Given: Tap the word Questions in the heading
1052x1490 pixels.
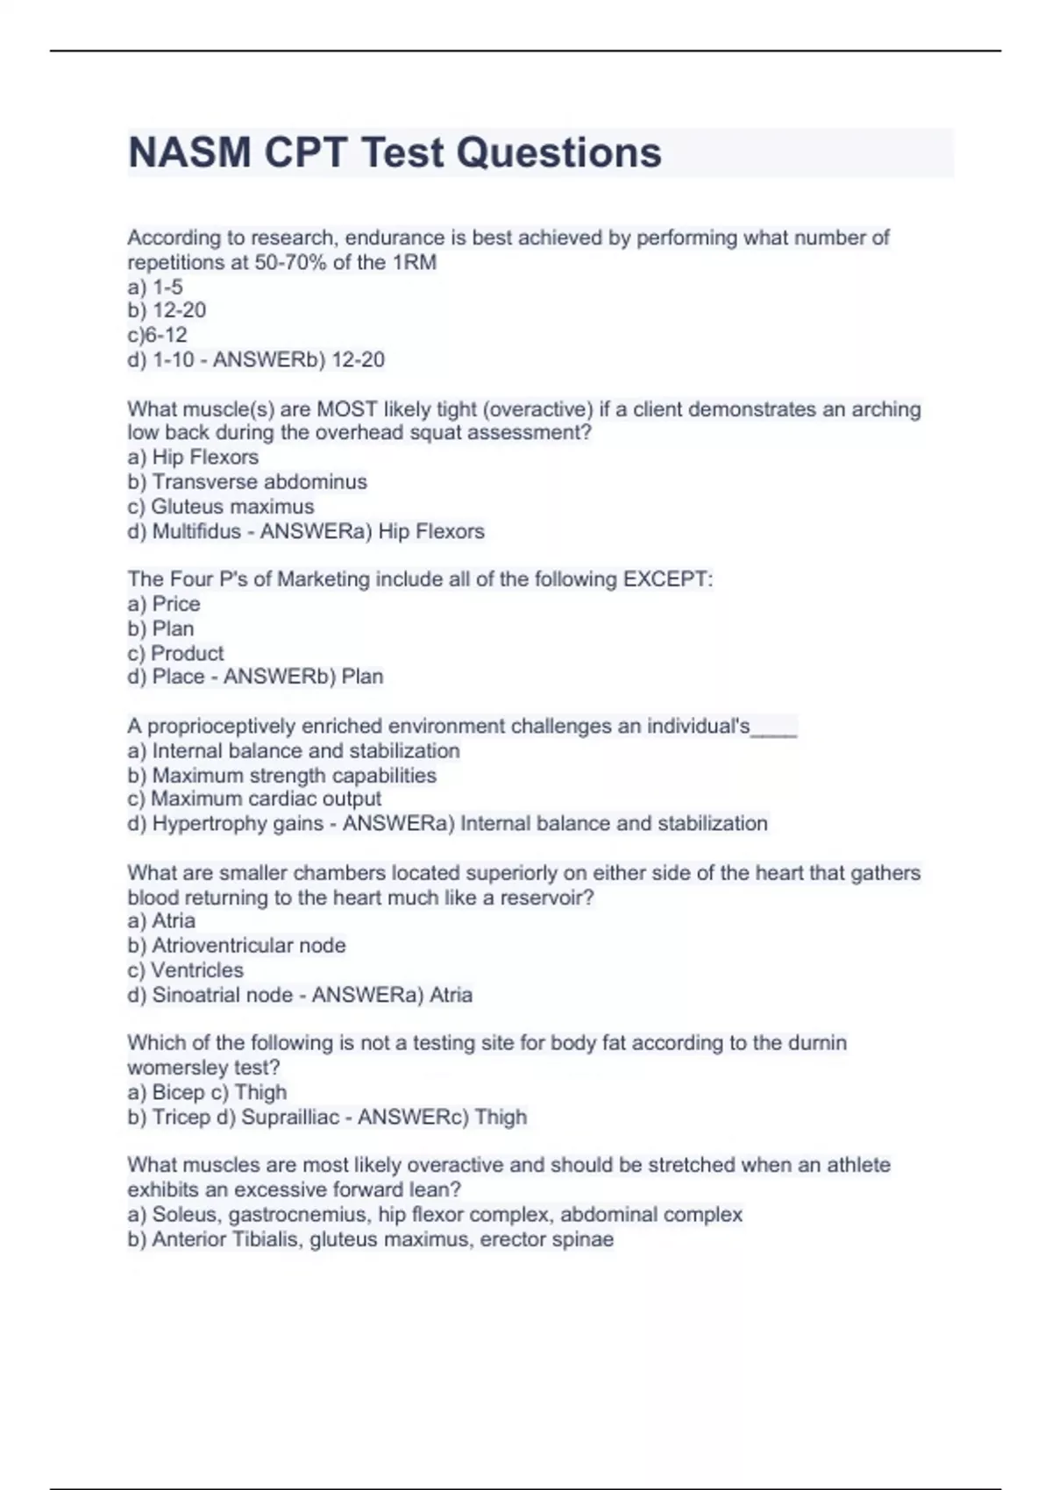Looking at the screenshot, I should pos(559,153).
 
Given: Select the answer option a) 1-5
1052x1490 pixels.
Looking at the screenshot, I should pos(155,287).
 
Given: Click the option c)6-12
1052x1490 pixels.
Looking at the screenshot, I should pos(157,335).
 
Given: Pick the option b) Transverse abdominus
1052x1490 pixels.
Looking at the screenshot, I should pos(247,481).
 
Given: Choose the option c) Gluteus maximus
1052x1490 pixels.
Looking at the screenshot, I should pos(220,507).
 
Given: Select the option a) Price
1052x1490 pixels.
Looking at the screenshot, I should pos(164,604).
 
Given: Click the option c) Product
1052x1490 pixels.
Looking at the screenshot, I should pos(175,653).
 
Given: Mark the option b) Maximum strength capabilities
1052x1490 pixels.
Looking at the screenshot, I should pos(281,776).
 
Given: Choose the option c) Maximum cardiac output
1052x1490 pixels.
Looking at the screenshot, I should pos(254,799).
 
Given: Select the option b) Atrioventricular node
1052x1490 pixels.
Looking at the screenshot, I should pos(237,946).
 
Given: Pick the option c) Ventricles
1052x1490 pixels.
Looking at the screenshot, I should pos(185,970).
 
